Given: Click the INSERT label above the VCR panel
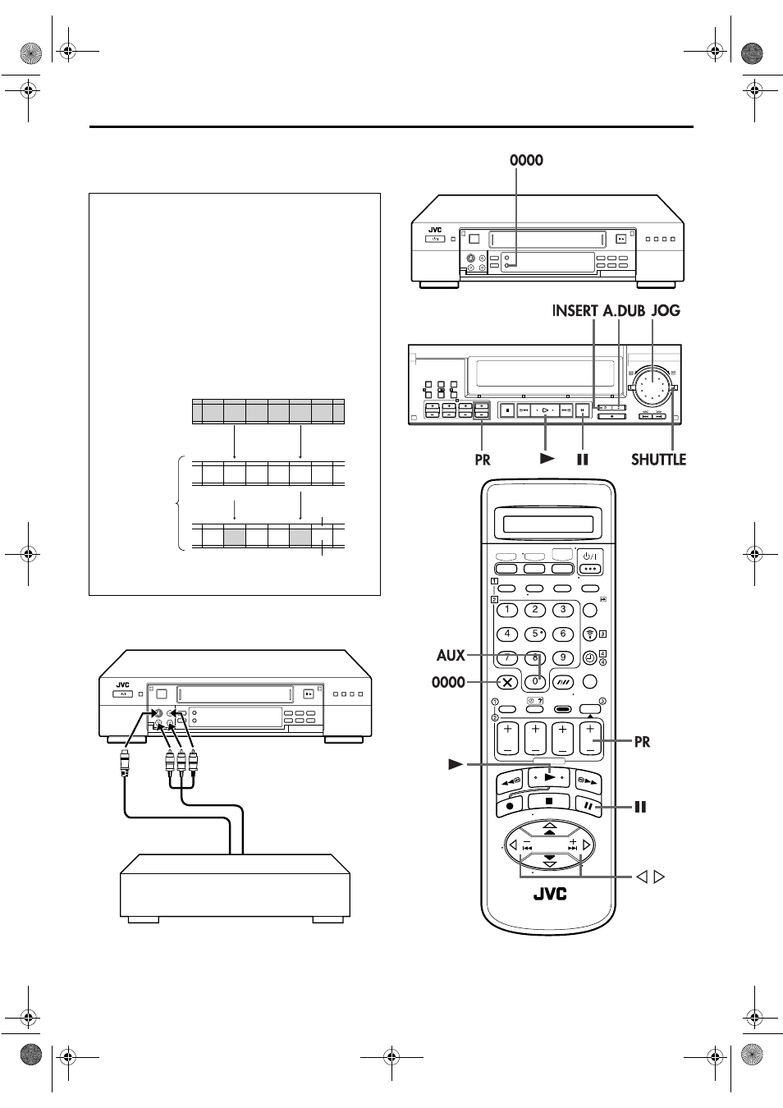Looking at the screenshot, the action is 575,310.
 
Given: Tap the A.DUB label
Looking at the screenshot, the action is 624,310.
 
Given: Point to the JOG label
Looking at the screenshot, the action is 666,310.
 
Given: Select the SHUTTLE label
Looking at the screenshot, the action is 658,460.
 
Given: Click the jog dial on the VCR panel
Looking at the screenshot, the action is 652,387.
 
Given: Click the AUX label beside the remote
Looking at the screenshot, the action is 451,656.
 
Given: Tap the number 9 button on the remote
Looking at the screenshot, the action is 562,658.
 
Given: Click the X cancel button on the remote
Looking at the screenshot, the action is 507,683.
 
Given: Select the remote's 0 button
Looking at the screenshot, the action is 534,681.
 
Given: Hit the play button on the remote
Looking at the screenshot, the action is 549,777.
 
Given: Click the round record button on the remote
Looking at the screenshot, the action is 510,805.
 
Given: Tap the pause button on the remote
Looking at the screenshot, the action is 588,805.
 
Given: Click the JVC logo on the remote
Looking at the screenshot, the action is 550,894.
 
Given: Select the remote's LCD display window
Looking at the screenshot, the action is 548,524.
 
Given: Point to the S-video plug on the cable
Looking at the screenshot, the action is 125,762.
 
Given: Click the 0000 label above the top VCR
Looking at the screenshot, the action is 526,160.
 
